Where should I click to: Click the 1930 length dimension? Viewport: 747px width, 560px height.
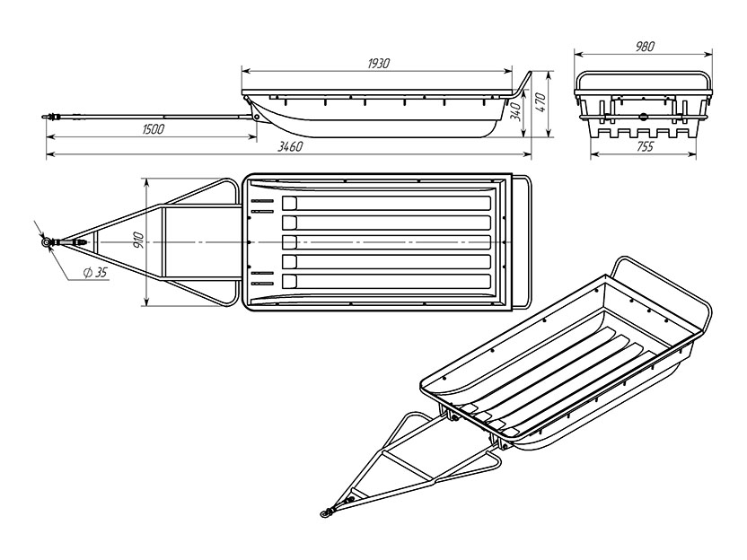click(x=379, y=64)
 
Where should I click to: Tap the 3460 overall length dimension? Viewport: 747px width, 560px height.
click(x=290, y=146)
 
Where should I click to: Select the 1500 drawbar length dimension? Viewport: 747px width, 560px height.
click(x=153, y=129)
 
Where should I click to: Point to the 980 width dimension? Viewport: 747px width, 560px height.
click(x=645, y=46)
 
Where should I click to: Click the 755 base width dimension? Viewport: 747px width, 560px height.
click(x=645, y=146)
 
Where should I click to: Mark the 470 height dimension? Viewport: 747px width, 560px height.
click(x=540, y=103)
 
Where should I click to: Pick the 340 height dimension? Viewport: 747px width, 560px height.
click(x=516, y=111)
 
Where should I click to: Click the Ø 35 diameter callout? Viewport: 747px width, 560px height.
click(x=95, y=273)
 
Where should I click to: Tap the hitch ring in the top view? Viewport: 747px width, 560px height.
click(x=47, y=243)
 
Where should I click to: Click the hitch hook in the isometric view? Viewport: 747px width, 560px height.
click(x=326, y=512)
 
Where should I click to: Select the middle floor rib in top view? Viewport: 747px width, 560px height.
click(x=386, y=242)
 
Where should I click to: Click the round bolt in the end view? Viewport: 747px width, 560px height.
click(x=644, y=116)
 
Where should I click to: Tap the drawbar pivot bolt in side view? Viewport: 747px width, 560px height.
click(x=257, y=117)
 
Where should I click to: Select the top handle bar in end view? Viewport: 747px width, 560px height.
click(x=644, y=74)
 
